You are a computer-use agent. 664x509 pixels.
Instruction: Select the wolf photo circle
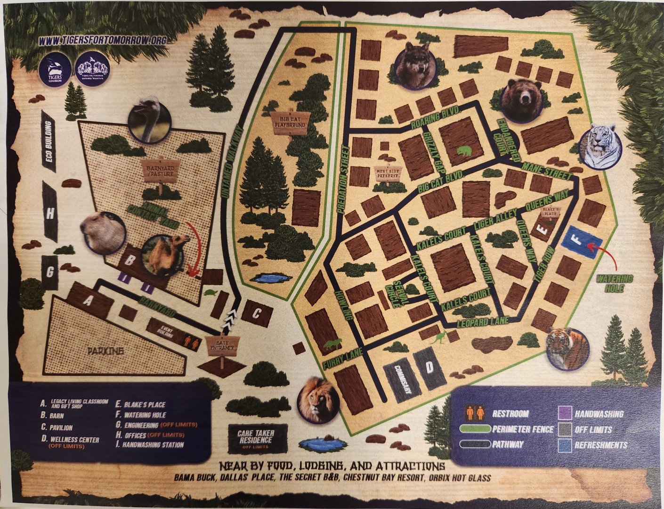pos(414,65)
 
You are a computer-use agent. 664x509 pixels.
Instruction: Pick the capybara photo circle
pos(103,232)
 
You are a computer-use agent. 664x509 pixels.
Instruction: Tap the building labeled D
pos(429,368)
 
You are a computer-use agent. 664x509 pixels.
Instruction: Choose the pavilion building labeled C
pos(257,314)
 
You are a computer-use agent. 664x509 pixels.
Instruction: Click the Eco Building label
pos(49,142)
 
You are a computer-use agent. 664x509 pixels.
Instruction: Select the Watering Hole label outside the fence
pos(615,283)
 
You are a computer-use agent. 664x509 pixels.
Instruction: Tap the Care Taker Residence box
pos(256,439)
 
